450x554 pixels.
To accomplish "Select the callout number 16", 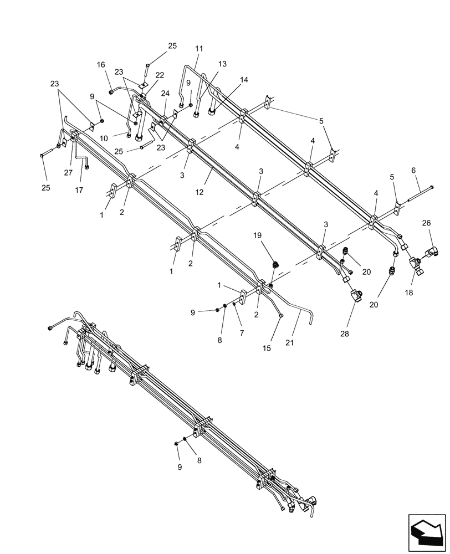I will [100, 65].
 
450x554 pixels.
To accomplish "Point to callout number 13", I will [222, 64].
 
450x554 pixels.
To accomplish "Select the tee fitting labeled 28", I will [356, 296].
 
